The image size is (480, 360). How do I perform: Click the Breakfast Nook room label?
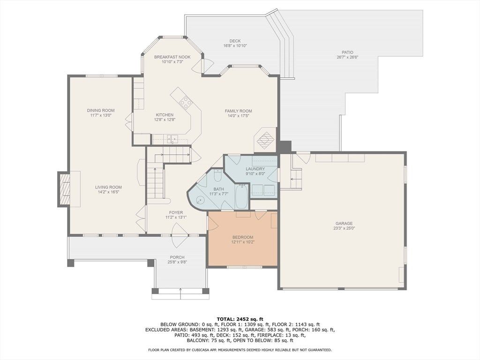172,57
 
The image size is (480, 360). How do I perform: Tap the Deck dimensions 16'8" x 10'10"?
235,45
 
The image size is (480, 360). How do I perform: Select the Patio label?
347,52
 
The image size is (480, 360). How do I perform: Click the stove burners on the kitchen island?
186,102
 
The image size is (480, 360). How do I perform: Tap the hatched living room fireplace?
64,189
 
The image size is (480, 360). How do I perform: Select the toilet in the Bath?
217,175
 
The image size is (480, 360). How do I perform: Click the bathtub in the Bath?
241,196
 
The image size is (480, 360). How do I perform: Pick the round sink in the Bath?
200,200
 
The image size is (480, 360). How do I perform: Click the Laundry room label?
255,169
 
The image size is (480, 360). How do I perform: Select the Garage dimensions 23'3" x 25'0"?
344,228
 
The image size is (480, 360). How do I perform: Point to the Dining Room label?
101,111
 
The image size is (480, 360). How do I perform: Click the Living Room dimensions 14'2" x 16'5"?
108,192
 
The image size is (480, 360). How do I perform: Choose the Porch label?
177,257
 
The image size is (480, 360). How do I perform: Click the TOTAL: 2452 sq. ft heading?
240,319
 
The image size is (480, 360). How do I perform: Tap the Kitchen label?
165,115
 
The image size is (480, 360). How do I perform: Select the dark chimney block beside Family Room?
284,146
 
